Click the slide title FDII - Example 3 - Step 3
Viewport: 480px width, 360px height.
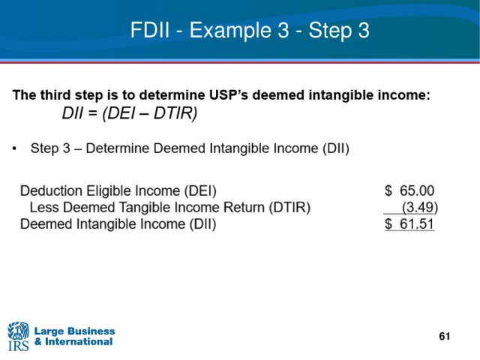tap(250, 31)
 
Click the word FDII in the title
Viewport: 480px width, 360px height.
tap(150, 30)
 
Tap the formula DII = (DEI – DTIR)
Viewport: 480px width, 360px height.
tap(130, 113)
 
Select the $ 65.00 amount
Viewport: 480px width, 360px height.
tap(409, 190)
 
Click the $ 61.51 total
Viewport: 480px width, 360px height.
tap(409, 223)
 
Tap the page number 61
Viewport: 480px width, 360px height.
tap(445, 337)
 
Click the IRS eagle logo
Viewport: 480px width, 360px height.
tap(18, 336)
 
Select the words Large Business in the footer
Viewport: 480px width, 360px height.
tap(75, 331)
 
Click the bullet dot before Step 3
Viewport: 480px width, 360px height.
tap(14, 148)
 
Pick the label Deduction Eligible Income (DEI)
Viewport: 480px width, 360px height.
tap(118, 191)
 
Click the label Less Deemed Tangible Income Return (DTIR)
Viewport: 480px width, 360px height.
tap(170, 208)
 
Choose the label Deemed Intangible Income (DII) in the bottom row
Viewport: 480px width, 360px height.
tap(118, 224)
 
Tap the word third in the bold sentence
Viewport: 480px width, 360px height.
tap(55, 95)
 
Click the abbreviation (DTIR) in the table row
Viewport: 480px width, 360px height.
tap(289, 208)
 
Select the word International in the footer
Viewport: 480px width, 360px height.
tap(79, 342)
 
